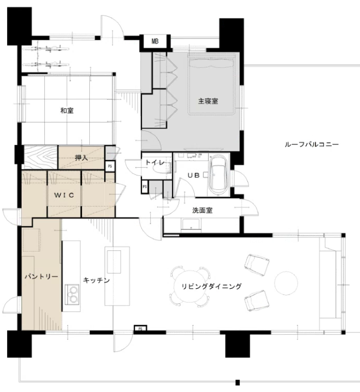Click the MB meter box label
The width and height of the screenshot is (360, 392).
(155, 41)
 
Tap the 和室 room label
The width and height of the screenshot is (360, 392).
(67, 110)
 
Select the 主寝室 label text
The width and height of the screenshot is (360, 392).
(208, 101)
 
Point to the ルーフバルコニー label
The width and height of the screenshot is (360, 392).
(312, 144)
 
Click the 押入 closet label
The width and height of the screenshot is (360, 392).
(81, 158)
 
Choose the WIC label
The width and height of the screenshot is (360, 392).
(64, 195)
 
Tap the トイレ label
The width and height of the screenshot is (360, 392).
(155, 163)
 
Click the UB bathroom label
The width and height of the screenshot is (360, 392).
(194, 175)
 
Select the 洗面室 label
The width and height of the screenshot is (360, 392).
(202, 210)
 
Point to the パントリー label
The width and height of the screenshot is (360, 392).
(41, 277)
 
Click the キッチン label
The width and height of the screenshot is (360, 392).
(96, 280)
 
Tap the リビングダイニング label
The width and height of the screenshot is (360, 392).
(211, 287)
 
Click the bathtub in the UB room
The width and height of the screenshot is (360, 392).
(218, 175)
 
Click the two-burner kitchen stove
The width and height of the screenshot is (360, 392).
(72, 294)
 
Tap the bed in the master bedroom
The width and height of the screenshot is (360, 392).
(211, 85)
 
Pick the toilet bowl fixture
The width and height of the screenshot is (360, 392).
(162, 169)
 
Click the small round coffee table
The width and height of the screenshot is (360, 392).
(286, 283)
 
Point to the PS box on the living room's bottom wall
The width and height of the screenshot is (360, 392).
(140, 329)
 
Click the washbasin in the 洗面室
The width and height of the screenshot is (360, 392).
(191, 224)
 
